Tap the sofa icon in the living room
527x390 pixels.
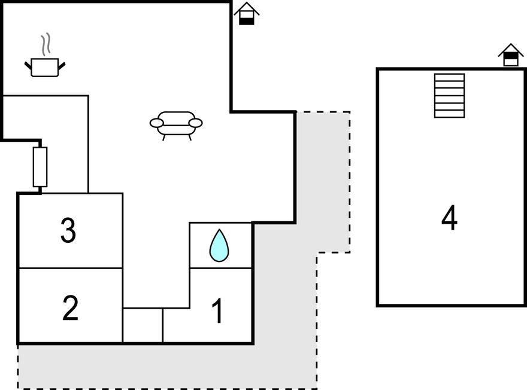176,126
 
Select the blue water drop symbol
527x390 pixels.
219,245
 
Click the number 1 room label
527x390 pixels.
217,311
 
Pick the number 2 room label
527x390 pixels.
70,308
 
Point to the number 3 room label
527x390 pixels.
68,230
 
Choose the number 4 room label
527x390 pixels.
449,218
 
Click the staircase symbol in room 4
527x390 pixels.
449,96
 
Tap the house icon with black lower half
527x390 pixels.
247,13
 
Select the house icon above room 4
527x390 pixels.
511,55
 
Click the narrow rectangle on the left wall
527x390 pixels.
40,167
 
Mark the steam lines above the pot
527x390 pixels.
46,44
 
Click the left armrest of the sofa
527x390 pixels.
157,123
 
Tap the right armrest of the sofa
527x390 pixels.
196,123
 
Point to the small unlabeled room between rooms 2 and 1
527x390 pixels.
143,325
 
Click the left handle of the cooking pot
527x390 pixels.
28,65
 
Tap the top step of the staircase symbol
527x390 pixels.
449,77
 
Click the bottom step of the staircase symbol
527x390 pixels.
449,114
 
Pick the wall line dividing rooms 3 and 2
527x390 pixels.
70,268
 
